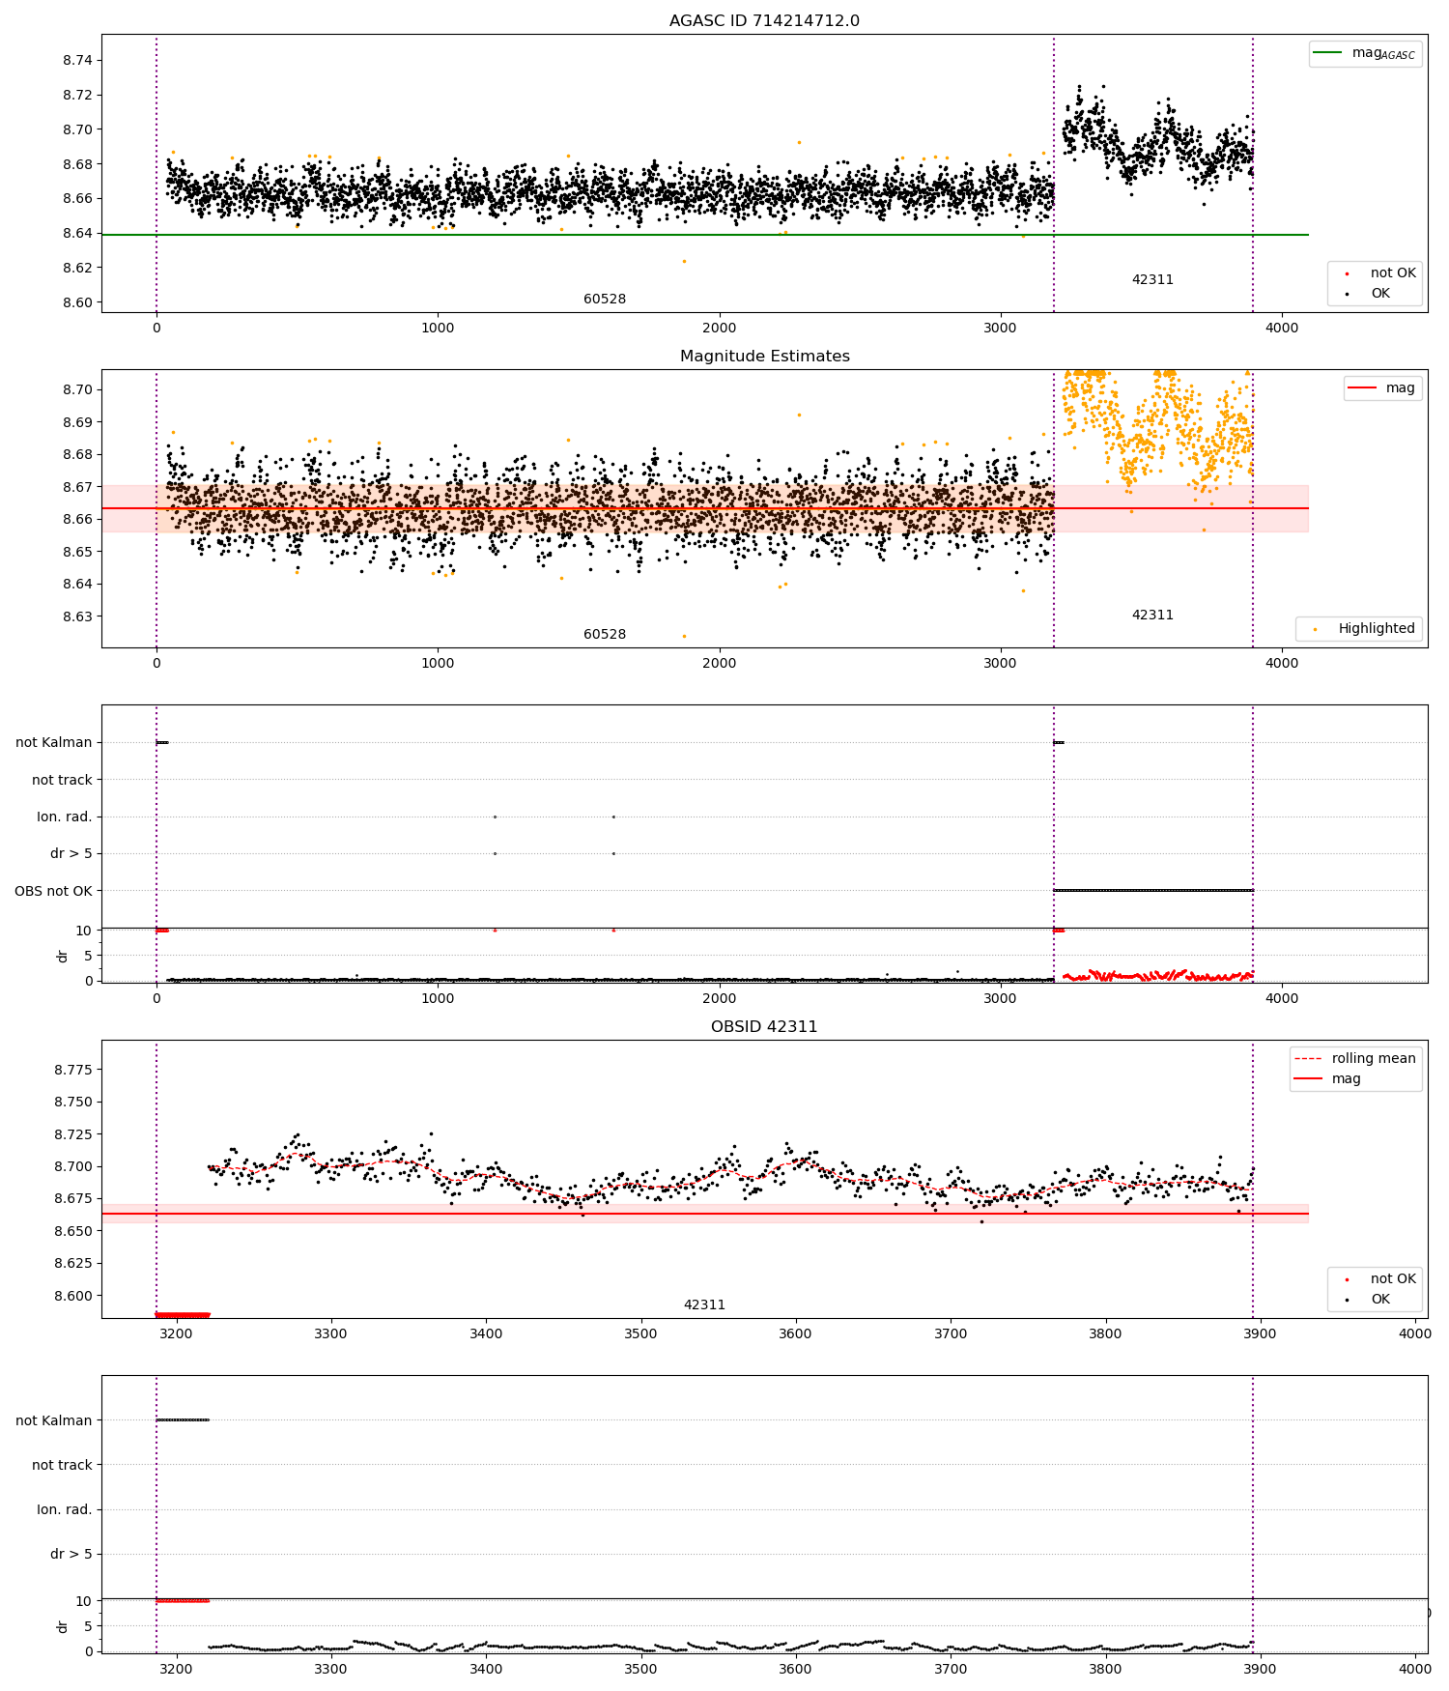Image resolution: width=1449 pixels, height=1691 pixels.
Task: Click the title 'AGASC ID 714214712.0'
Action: coord(764,21)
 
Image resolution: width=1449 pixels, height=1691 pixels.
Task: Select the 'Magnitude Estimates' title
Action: coord(764,357)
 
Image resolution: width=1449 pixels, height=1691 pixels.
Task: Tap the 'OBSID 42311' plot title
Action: coord(764,1027)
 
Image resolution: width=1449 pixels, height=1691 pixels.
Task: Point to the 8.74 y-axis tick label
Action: coord(77,61)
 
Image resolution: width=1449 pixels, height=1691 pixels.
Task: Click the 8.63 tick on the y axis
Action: coord(77,616)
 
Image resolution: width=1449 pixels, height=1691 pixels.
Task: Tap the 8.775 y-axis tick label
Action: coord(72,1070)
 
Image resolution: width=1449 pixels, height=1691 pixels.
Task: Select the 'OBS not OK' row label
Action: coord(53,891)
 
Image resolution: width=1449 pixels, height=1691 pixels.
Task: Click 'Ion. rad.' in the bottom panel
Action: coord(64,1510)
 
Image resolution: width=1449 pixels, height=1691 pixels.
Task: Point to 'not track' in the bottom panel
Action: coord(62,1466)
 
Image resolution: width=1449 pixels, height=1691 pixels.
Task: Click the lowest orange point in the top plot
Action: coord(684,261)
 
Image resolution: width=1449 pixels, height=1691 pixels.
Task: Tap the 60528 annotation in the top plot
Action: coord(605,300)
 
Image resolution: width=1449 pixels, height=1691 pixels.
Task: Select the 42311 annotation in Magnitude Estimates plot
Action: coord(1152,616)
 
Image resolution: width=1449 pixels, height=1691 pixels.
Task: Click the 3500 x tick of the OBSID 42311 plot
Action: coord(640,1333)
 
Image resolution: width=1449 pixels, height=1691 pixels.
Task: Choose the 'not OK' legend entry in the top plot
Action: coord(1392,273)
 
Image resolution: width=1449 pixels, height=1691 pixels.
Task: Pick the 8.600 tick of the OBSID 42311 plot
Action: coord(72,1296)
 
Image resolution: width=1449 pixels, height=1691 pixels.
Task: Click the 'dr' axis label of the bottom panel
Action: coord(63,1626)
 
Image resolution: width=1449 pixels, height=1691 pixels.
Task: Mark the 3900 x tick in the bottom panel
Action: coord(1260,1669)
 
